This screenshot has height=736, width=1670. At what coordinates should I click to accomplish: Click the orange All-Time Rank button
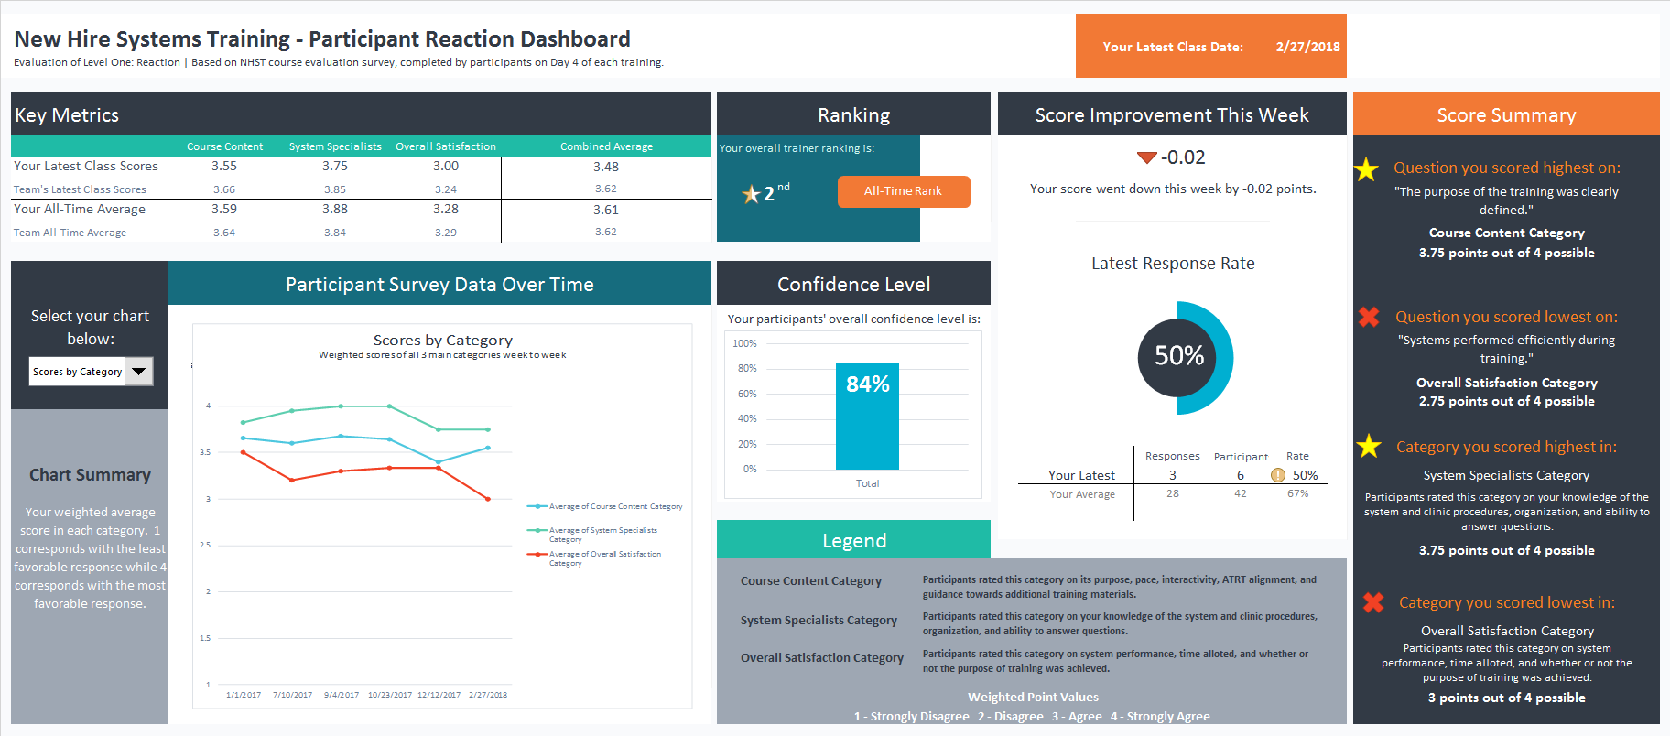pyautogui.click(x=903, y=191)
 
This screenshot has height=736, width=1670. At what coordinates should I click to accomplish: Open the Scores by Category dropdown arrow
pyautogui.click(x=139, y=372)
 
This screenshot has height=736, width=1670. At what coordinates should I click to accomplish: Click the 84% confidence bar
pyautogui.click(x=867, y=417)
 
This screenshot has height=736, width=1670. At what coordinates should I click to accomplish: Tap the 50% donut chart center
pyautogui.click(x=1178, y=356)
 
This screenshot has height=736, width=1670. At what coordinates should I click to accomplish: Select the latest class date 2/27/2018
pyautogui.click(x=1307, y=47)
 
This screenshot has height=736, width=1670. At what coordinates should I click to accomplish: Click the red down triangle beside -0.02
pyautogui.click(x=1146, y=157)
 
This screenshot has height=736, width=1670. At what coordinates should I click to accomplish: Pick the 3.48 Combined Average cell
pyautogui.click(x=605, y=167)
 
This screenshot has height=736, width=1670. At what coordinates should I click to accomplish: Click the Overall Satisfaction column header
pyautogui.click(x=446, y=146)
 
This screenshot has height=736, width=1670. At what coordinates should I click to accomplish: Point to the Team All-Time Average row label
pyautogui.click(x=70, y=233)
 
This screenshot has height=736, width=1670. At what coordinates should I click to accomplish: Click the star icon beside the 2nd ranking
pyautogui.click(x=751, y=194)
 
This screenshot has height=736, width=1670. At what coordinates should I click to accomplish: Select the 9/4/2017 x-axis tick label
pyautogui.click(x=341, y=695)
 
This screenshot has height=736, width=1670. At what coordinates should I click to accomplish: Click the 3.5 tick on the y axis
pyautogui.click(x=205, y=452)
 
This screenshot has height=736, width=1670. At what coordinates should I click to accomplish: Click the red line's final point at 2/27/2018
pyautogui.click(x=488, y=499)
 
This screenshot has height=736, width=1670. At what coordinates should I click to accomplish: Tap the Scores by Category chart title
pyautogui.click(x=442, y=341)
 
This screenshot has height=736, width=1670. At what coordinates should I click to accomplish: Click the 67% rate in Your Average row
pyautogui.click(x=1297, y=493)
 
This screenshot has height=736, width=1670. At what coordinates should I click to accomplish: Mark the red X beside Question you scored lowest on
pyautogui.click(x=1369, y=317)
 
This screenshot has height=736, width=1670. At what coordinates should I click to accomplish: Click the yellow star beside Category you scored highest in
pyautogui.click(x=1369, y=446)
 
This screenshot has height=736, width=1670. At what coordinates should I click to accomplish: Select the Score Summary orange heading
pyautogui.click(x=1505, y=115)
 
